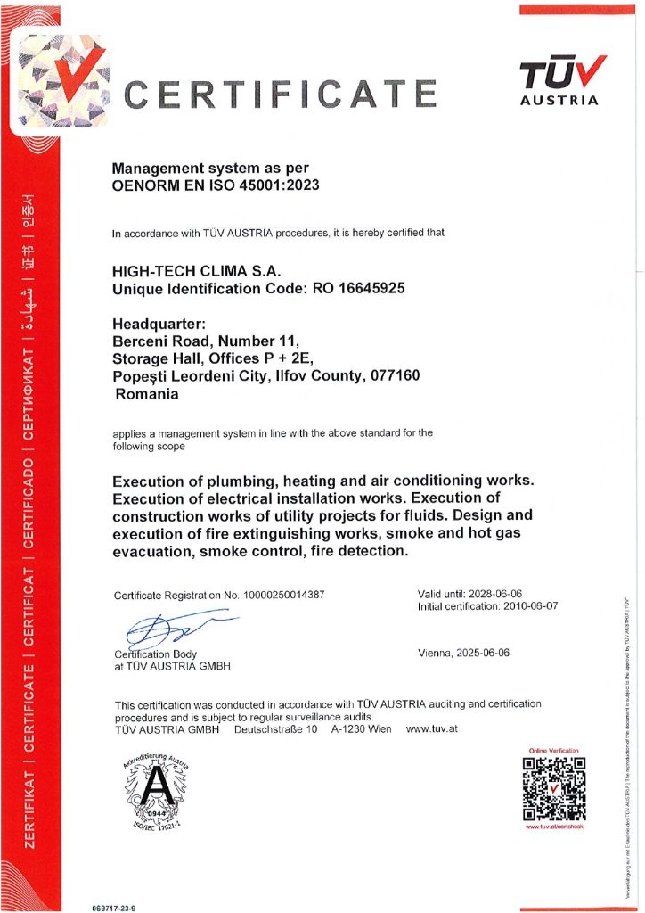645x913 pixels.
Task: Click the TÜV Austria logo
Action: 562,80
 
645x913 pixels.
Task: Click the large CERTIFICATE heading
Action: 280,94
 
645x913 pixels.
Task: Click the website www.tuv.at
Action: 431,729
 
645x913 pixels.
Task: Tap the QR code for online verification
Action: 553,787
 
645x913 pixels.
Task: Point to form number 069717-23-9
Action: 114,907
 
